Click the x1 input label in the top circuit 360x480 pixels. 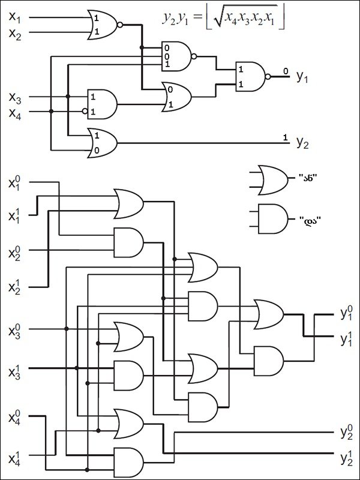click(x=14, y=17)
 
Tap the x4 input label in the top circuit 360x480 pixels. click(x=15, y=113)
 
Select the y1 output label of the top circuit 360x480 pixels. click(x=302, y=77)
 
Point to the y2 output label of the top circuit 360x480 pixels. click(x=302, y=142)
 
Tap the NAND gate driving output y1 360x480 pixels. click(x=253, y=77)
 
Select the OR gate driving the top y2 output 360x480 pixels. click(x=102, y=143)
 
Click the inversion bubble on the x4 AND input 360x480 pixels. click(x=85, y=112)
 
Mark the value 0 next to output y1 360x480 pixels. click(x=286, y=71)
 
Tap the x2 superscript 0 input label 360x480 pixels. click(x=14, y=253)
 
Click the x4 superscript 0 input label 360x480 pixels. click(x=14, y=416)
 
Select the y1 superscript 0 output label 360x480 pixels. click(x=347, y=313)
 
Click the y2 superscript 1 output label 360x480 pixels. click(x=347, y=458)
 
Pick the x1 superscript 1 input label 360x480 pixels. click(x=14, y=216)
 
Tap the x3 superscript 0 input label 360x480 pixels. click(x=14, y=332)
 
